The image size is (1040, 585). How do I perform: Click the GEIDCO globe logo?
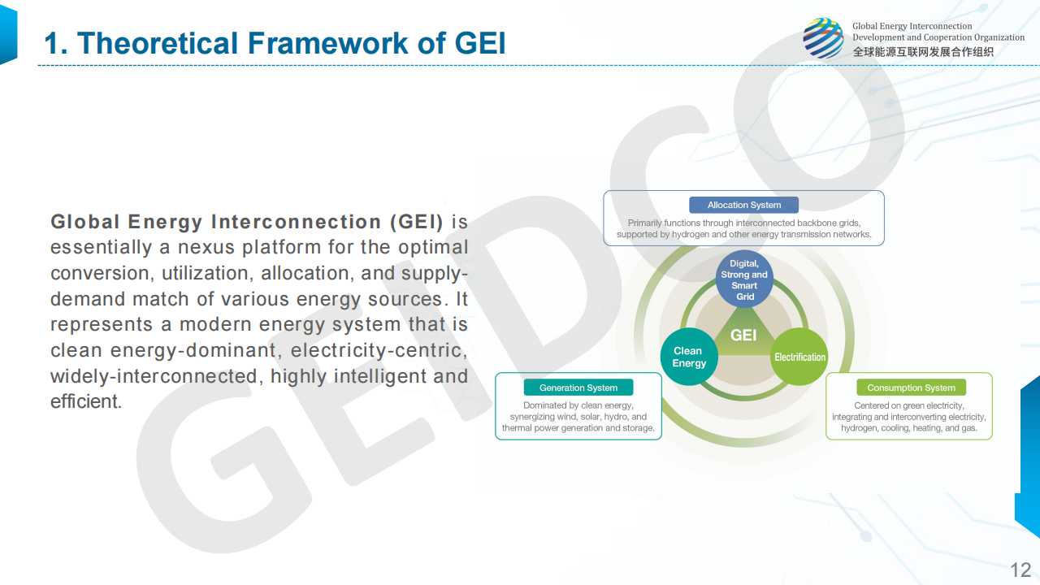pyautogui.click(x=823, y=38)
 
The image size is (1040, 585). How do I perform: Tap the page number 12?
pyautogui.click(x=1020, y=570)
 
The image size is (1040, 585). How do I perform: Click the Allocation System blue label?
pyautogui.click(x=743, y=205)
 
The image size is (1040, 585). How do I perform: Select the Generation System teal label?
pyautogui.click(x=578, y=388)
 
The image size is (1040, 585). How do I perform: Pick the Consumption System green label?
pyautogui.click(x=911, y=388)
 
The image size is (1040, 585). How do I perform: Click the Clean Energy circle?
pyautogui.click(x=689, y=357)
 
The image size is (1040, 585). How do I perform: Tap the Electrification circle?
pyautogui.click(x=799, y=357)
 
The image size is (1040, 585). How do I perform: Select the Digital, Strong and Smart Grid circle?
pyautogui.click(x=744, y=279)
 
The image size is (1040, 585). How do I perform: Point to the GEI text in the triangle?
pyautogui.click(x=743, y=335)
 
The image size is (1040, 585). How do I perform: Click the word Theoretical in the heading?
pyautogui.click(x=157, y=43)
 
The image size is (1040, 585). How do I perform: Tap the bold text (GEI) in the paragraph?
pyautogui.click(x=417, y=222)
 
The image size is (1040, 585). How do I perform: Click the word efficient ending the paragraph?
pyautogui.click(x=86, y=401)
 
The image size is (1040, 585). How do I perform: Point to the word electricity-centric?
pyautogui.click(x=379, y=350)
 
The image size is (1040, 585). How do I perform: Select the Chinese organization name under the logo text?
pyautogui.click(x=923, y=52)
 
